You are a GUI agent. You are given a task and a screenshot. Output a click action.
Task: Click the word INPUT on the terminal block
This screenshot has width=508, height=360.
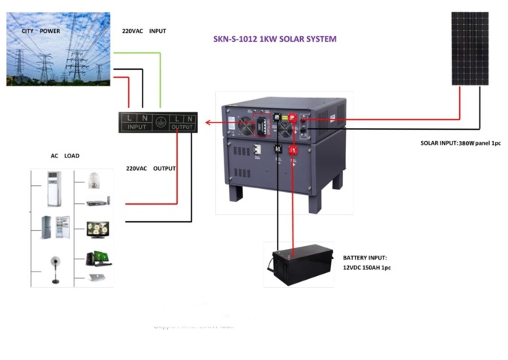click(x=137, y=127)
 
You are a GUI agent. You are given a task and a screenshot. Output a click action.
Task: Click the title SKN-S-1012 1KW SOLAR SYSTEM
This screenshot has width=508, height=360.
click(x=275, y=39)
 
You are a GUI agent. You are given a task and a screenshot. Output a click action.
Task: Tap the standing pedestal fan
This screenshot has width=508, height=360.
click(x=55, y=269)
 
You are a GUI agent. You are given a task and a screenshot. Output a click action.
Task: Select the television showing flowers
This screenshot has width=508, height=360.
click(x=98, y=227)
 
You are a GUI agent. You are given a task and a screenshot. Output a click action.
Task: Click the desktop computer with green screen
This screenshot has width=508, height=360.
click(x=98, y=257)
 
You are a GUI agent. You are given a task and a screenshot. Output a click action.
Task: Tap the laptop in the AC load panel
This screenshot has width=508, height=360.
click(x=96, y=277)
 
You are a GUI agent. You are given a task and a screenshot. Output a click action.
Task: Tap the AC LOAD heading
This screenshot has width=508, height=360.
click(x=65, y=156)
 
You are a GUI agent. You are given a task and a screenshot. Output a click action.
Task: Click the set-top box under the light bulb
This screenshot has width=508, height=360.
click(x=98, y=202)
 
